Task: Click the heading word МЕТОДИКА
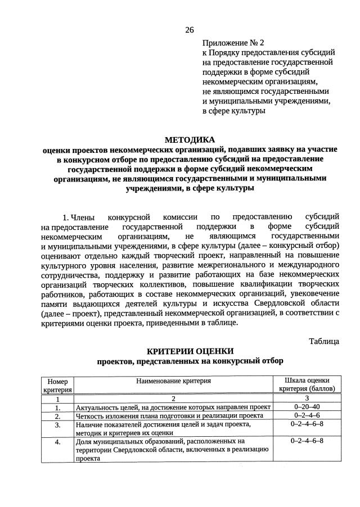coord(190,139)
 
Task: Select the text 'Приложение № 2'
coord(233,42)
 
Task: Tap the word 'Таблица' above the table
coord(324,341)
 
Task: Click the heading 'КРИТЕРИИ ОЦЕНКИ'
coord(190,351)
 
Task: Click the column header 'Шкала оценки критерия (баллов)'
coord(307,384)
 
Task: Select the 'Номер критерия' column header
coord(57,384)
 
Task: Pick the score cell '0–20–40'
coord(307,406)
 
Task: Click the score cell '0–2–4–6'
coord(307,415)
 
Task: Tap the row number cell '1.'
coord(57,407)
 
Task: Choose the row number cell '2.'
coord(57,416)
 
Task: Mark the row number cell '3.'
coord(57,425)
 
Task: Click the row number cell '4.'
coord(57,442)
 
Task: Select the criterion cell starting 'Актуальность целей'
coord(173,407)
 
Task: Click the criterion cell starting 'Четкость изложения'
coord(169,416)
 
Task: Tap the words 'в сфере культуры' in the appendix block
coord(233,112)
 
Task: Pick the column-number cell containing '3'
coord(307,397)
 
